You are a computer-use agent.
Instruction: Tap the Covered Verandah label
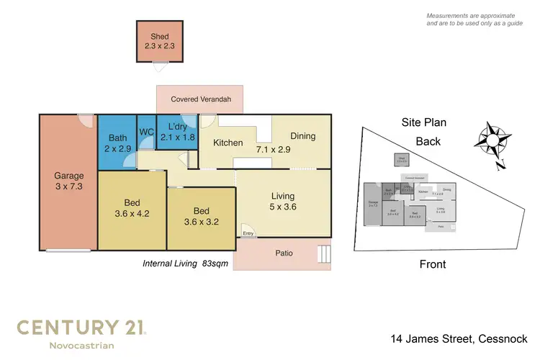click(x=199, y=99)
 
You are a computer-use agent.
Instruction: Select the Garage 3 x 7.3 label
click(x=69, y=181)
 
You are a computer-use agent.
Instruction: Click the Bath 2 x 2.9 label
click(x=117, y=143)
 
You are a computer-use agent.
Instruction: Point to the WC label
click(x=146, y=132)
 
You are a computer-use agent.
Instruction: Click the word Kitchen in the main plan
click(x=228, y=143)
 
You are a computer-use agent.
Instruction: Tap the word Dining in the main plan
click(x=302, y=136)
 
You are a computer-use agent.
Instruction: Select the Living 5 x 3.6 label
click(x=283, y=201)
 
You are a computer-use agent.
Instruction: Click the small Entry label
click(x=248, y=233)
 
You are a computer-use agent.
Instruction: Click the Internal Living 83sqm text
click(x=186, y=264)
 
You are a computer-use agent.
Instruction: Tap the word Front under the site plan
click(x=433, y=264)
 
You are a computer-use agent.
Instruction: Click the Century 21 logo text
click(x=81, y=328)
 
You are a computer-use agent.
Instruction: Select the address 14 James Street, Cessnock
click(x=459, y=338)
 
